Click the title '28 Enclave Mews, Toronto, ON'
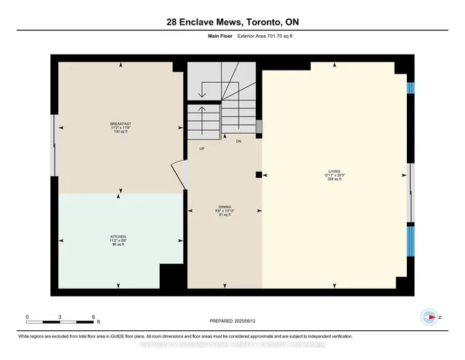232,22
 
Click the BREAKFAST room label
120,124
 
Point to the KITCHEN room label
119,236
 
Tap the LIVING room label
333,172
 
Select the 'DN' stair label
238,141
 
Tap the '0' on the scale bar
28,316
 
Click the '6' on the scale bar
93,316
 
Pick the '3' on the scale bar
60,316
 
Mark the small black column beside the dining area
259,175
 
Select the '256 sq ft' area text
333,180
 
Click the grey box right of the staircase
259,127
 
